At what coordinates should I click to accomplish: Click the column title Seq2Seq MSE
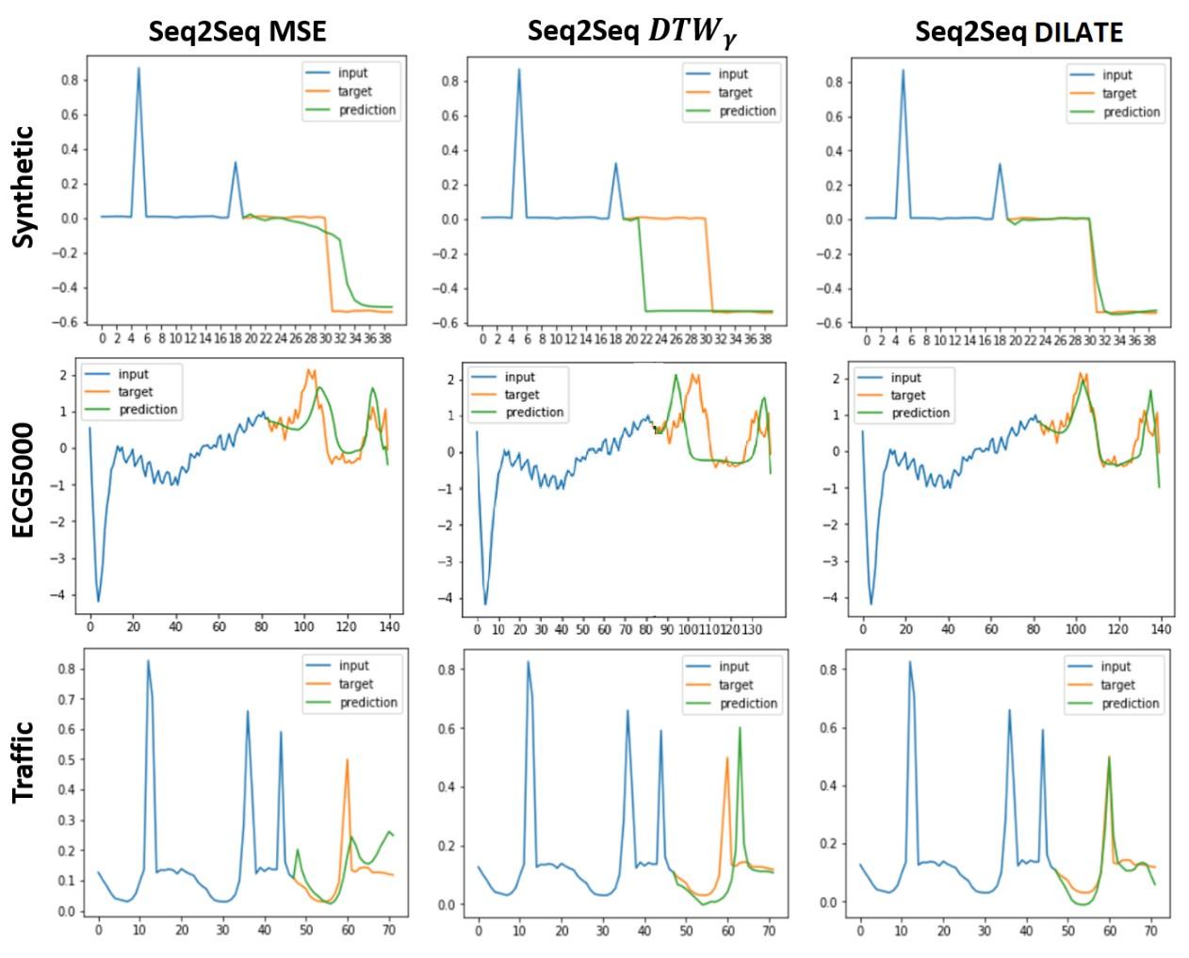(237, 31)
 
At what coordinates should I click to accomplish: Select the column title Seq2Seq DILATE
(1018, 32)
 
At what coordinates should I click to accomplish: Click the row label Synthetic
(24, 187)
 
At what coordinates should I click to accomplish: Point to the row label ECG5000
(24, 480)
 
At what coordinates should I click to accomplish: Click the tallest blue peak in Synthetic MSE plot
(138, 68)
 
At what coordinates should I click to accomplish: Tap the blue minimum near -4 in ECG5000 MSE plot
(98, 600)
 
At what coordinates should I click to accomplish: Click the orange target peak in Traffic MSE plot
(347, 760)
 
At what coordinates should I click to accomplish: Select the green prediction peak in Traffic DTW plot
(740, 727)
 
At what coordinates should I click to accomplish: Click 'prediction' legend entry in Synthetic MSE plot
(366, 110)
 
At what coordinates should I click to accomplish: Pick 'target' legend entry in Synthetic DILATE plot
(1118, 93)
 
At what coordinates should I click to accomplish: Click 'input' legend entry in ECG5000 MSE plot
(134, 374)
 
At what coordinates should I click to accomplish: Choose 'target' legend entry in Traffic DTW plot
(736, 685)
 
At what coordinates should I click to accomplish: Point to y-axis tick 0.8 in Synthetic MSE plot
(70, 80)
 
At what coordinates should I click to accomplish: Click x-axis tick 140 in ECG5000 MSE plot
(389, 626)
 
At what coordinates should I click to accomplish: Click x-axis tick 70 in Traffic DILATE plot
(1150, 931)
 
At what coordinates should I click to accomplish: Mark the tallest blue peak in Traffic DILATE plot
(909, 661)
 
